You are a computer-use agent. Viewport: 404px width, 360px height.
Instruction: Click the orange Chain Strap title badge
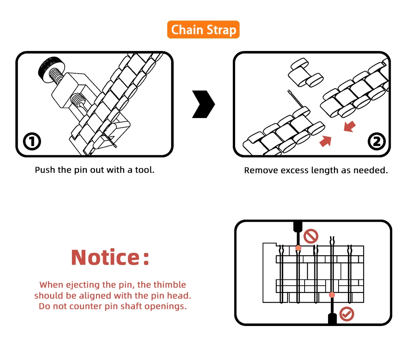(x=204, y=30)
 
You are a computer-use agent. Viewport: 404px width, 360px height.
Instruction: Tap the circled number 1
(x=32, y=141)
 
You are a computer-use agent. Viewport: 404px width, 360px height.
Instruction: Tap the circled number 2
(x=377, y=141)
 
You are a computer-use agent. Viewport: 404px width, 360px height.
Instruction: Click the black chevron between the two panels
(x=203, y=104)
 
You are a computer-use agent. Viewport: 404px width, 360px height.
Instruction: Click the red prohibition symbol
(x=311, y=236)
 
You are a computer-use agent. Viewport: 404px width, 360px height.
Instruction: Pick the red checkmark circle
(x=347, y=314)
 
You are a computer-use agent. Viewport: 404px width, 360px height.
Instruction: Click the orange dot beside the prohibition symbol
(x=298, y=248)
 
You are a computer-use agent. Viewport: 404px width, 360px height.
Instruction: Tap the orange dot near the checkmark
(x=332, y=295)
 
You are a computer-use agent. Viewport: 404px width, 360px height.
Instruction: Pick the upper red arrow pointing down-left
(x=350, y=127)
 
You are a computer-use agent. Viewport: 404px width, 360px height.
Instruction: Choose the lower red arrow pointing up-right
(x=326, y=140)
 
